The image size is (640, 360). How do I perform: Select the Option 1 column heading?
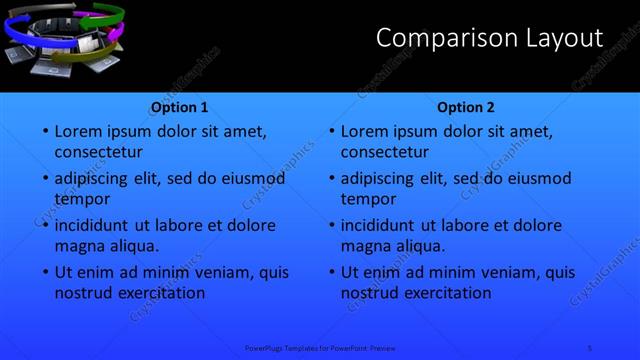[x=180, y=107]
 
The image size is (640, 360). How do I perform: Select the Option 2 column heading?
[x=466, y=107]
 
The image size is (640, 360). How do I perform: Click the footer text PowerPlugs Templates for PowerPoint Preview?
[x=320, y=346]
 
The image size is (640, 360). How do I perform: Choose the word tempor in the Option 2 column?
[x=369, y=199]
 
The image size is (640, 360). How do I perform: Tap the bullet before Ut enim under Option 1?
[x=45, y=272]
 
